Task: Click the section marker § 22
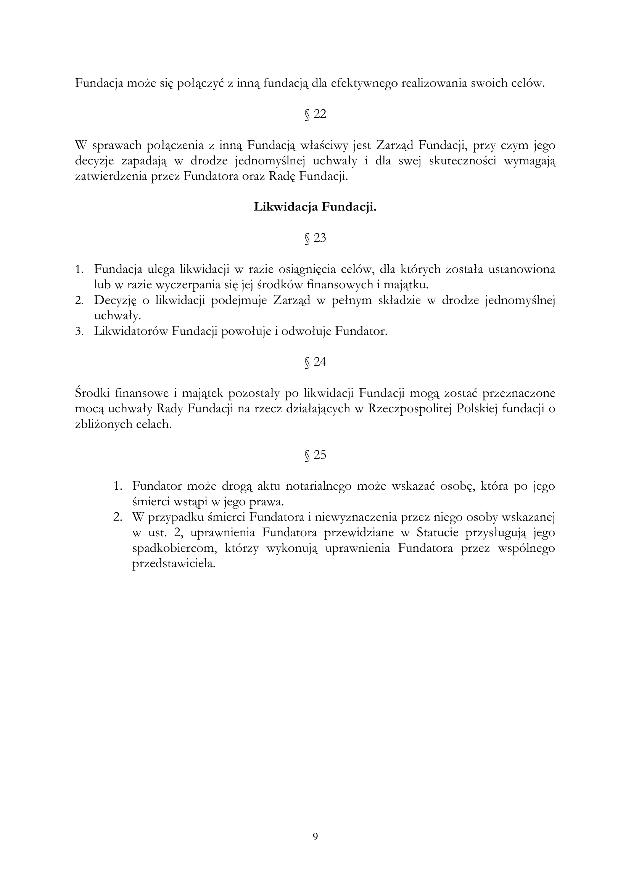point(315,114)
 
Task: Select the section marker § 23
point(315,238)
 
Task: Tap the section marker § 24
point(315,362)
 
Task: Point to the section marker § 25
point(315,455)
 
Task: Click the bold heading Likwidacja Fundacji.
point(315,207)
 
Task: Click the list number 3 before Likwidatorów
point(79,331)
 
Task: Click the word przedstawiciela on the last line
point(174,564)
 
